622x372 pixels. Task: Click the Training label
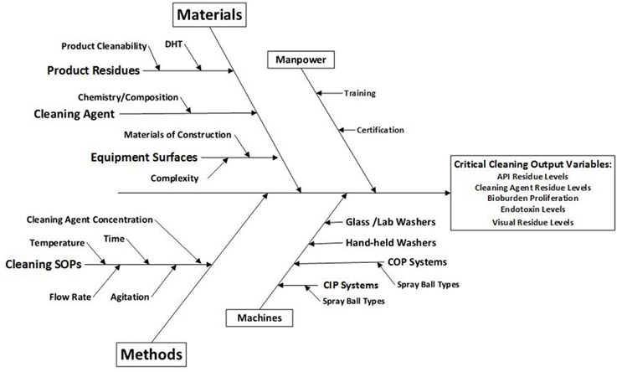point(360,94)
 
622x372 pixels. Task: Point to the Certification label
point(380,130)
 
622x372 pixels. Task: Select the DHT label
point(175,44)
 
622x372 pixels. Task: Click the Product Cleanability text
point(104,45)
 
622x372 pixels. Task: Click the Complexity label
point(174,178)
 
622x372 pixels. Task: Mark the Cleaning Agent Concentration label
point(90,220)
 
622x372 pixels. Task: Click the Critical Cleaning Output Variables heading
point(533,164)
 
